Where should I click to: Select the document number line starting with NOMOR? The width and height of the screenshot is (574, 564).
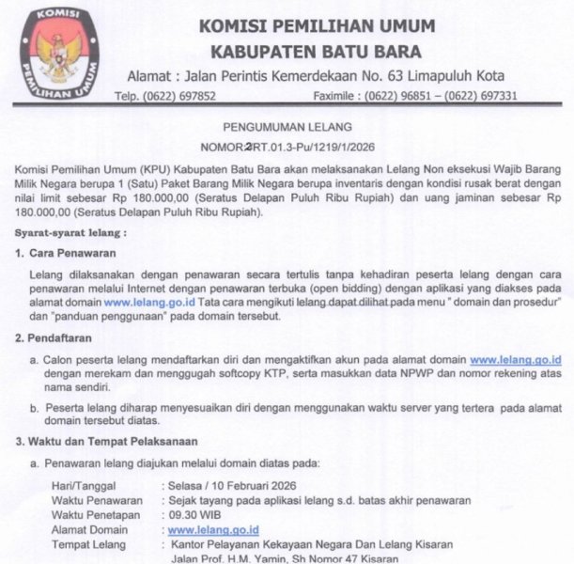pos(287,147)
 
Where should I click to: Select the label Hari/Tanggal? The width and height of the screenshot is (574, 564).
pos(85,486)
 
